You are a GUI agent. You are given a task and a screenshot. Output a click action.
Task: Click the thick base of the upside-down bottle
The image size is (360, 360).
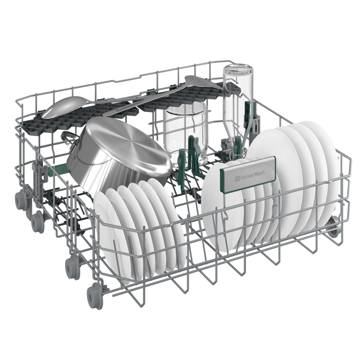238,72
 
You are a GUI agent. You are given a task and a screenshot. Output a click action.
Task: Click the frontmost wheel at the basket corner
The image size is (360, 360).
94,295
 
